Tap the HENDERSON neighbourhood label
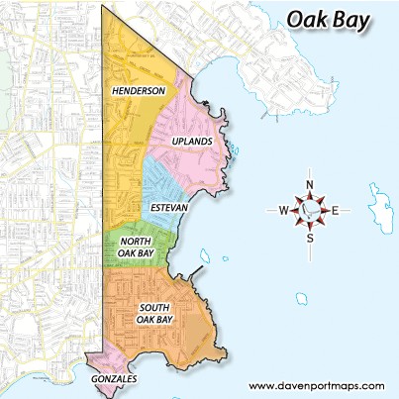coord(137,91)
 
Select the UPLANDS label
coord(191,143)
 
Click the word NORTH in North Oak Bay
coord(134,242)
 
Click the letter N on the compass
coord(309,185)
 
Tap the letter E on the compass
coord(335,210)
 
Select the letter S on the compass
coord(309,237)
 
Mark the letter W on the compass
coord(283,210)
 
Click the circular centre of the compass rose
coord(309,210)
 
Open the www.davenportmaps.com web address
coord(316,385)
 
